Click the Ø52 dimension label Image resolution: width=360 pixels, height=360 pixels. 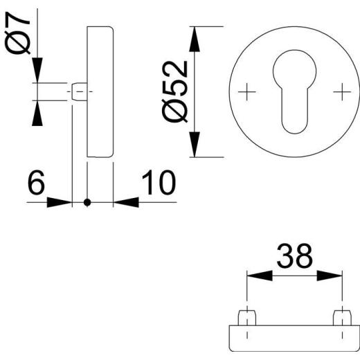176,92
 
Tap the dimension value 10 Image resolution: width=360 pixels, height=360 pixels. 158,183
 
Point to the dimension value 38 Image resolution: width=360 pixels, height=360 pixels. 294,256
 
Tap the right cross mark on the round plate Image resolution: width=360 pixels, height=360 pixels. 341,91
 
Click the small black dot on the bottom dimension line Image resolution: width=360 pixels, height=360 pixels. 87,203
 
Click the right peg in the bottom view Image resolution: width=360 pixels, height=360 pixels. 341,318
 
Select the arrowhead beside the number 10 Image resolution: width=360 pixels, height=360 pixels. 125,203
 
